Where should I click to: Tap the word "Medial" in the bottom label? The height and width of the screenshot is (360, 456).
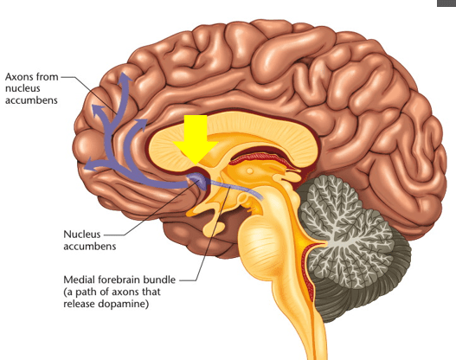click(79, 280)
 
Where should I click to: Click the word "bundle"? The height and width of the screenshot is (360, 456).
click(159, 280)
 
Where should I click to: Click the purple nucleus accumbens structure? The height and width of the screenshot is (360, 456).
click(198, 180)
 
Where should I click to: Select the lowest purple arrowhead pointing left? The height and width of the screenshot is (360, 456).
click(91, 164)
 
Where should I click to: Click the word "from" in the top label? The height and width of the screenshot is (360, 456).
click(48, 77)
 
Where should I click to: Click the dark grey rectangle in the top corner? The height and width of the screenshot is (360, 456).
click(446, 3)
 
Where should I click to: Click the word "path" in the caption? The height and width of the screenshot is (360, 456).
click(86, 292)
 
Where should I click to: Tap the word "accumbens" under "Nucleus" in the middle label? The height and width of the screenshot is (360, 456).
click(90, 247)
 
